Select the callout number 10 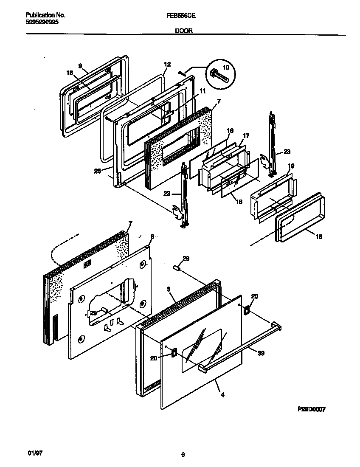(225, 67)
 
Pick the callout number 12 (167, 65)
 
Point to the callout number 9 (79, 65)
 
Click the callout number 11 (202, 91)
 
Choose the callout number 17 (246, 136)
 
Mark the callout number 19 (291, 166)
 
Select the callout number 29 (186, 258)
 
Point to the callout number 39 (261, 353)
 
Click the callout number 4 (222, 394)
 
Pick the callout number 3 (169, 289)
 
